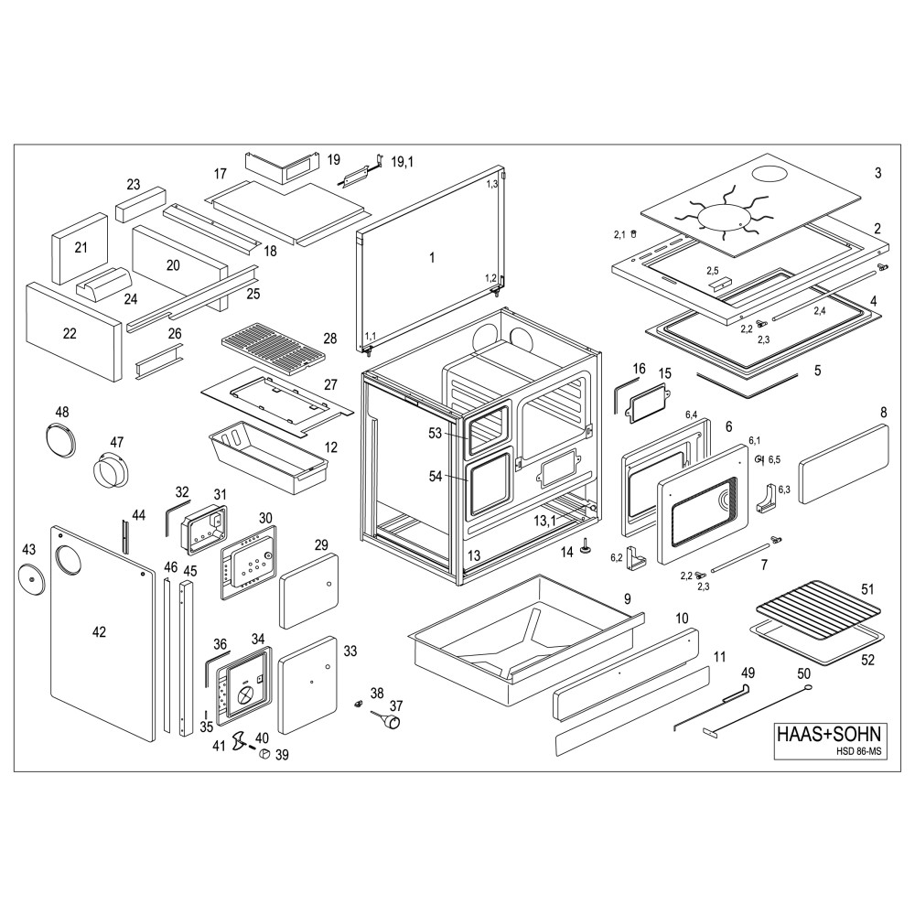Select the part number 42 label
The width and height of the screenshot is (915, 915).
click(x=99, y=631)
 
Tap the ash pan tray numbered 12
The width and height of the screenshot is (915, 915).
click(x=266, y=453)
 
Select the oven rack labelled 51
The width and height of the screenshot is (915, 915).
click(x=816, y=608)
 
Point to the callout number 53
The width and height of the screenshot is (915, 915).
click(x=435, y=432)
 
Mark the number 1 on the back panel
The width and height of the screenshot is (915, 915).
click(x=431, y=257)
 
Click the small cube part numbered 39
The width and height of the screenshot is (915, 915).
click(x=262, y=754)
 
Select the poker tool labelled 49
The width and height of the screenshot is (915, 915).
click(x=714, y=705)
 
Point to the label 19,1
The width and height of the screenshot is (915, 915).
click(x=403, y=162)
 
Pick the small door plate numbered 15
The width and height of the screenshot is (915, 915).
click(x=648, y=402)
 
